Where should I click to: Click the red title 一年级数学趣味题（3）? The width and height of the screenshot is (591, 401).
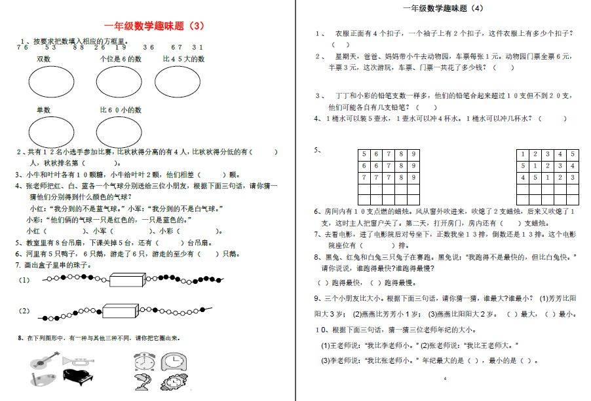[x=155, y=27]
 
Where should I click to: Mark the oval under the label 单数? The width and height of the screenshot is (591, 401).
[x=52, y=131]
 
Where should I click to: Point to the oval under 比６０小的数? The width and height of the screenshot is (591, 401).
[x=119, y=131]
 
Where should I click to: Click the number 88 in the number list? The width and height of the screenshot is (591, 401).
[x=79, y=47]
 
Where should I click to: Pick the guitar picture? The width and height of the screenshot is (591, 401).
[x=42, y=359]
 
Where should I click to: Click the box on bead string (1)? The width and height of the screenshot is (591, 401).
[x=130, y=280]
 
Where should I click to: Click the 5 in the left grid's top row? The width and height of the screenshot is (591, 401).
[x=364, y=154]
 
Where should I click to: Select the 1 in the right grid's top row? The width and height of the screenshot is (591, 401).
[x=524, y=154]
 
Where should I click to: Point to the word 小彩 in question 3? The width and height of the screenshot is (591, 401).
[x=364, y=96]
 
